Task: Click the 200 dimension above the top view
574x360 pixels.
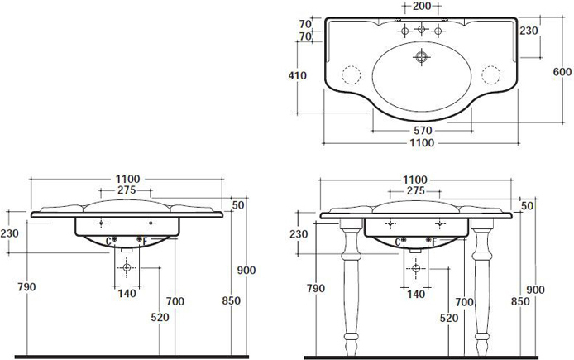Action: pyautogui.click(x=421, y=6)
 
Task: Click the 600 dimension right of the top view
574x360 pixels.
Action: pyautogui.click(x=562, y=72)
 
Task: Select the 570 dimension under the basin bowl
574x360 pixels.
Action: pyautogui.click(x=423, y=131)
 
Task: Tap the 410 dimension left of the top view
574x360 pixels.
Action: pyautogui.click(x=297, y=75)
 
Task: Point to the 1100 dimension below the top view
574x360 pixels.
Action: pyautogui.click(x=422, y=143)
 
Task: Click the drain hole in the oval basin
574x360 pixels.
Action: pyautogui.click(x=421, y=57)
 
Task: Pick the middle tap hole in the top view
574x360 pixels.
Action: pyautogui.click(x=421, y=29)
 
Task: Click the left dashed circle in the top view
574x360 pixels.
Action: pyautogui.click(x=351, y=75)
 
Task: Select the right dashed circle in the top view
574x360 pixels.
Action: pyautogui.click(x=491, y=75)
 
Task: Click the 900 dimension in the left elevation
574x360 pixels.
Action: pyautogui.click(x=246, y=271)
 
